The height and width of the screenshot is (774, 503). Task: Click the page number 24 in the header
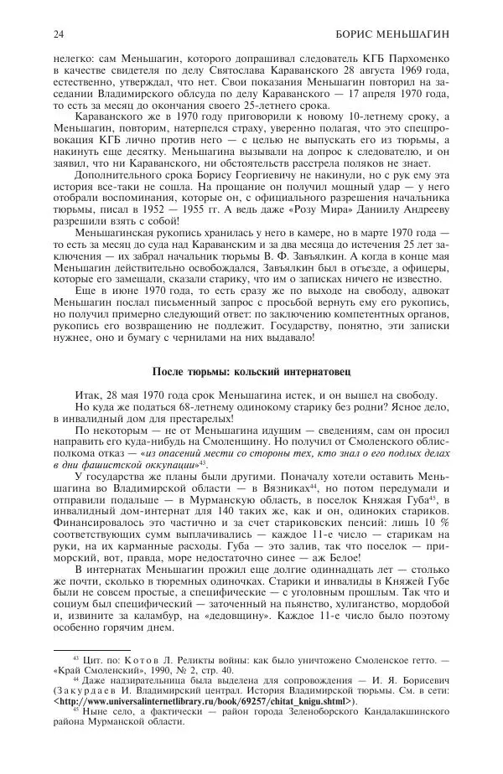click(58, 34)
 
